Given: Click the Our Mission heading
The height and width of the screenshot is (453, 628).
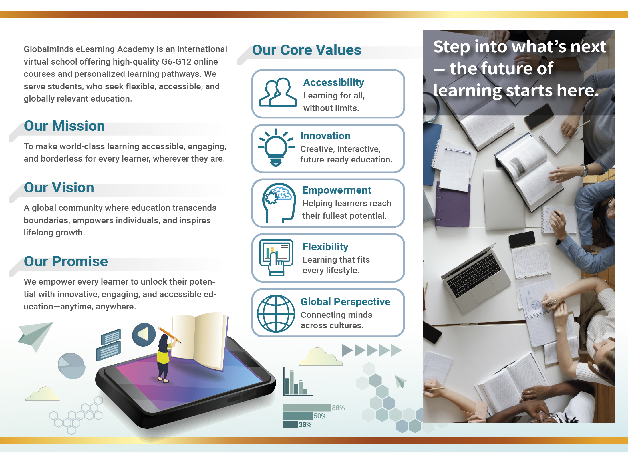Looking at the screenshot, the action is (x=65, y=126).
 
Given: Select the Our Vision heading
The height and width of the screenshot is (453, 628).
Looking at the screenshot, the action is (x=59, y=188).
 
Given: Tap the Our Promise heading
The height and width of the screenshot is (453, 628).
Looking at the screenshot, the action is (x=66, y=261).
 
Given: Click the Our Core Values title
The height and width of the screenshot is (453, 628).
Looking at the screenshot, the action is (x=307, y=50).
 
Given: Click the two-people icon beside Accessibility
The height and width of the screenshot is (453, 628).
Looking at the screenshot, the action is (x=278, y=92).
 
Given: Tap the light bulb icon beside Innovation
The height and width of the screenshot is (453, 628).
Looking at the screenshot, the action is (x=276, y=148).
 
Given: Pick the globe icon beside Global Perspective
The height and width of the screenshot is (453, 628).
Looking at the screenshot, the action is (x=276, y=313).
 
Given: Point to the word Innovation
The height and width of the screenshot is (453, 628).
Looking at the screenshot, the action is (x=325, y=136).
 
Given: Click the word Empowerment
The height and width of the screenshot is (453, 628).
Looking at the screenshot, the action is (x=337, y=190).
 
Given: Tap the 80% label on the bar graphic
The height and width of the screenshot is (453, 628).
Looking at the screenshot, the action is (x=338, y=408).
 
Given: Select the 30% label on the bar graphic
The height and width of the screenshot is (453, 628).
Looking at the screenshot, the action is (x=305, y=425).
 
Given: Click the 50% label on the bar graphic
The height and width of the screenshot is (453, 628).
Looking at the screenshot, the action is (x=320, y=416).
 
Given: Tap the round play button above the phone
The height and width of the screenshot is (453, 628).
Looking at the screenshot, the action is (x=144, y=335).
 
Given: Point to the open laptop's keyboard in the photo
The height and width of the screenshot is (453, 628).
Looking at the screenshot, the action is (x=474, y=274).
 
